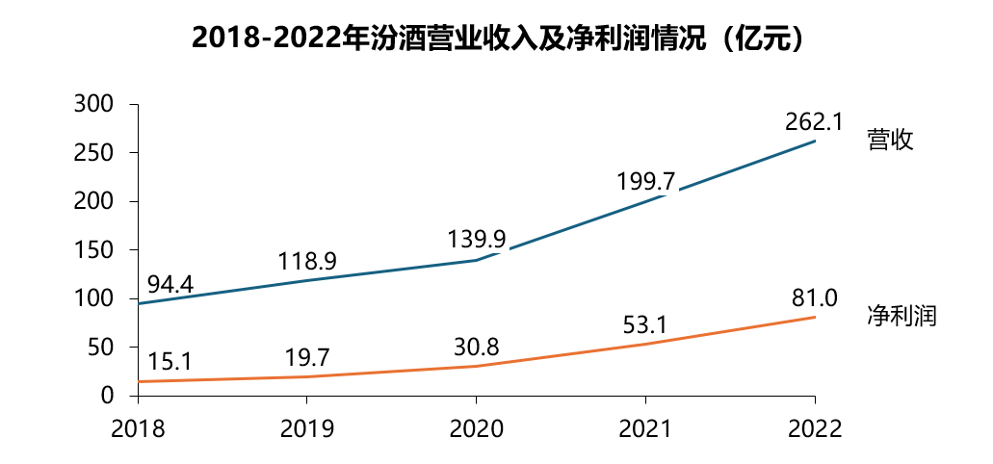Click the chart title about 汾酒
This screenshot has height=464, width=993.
[x=496, y=39]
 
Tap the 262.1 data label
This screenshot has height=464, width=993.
[x=813, y=121]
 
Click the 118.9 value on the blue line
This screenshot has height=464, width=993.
[x=307, y=260]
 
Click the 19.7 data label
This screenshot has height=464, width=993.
[x=307, y=356]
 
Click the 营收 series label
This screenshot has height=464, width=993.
[x=890, y=140]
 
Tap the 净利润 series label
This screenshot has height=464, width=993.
[x=902, y=315]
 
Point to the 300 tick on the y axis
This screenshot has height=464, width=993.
[x=94, y=104]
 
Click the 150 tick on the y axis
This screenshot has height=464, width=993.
[x=94, y=250]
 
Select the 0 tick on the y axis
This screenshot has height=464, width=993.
[x=107, y=396]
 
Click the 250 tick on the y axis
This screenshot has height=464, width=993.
[x=94, y=153]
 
